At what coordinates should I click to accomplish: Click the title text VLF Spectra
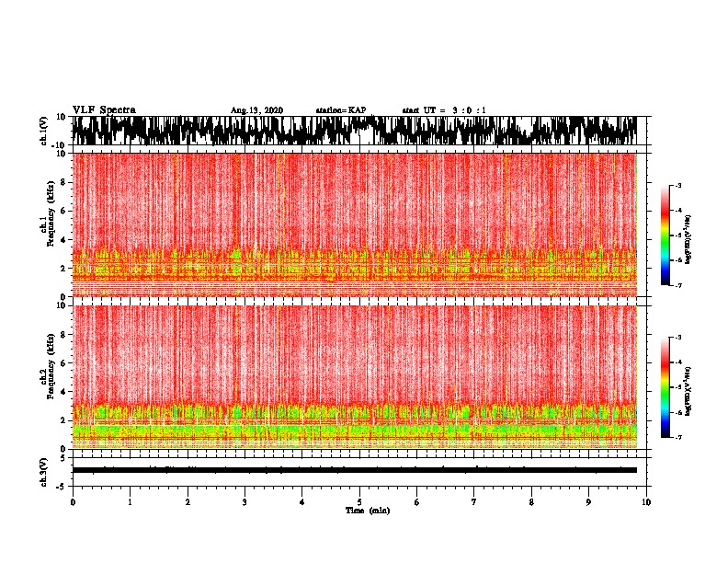(104, 110)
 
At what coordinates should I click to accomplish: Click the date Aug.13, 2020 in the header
(256, 110)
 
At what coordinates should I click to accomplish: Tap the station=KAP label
(340, 110)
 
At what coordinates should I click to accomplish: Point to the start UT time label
(444, 110)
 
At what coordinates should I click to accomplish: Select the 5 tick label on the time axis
(359, 502)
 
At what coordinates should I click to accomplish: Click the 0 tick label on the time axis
(73, 502)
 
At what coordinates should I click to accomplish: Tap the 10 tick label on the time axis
(646, 502)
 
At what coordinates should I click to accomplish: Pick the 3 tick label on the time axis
(245, 502)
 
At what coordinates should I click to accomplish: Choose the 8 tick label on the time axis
(531, 502)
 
